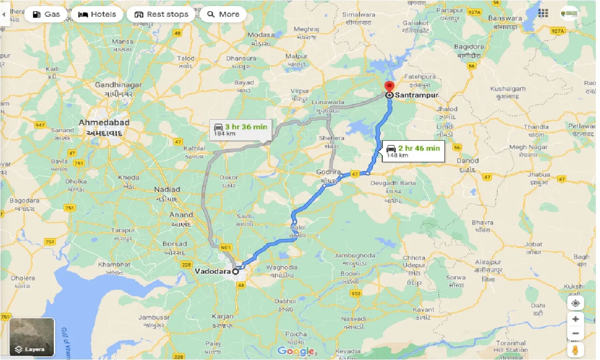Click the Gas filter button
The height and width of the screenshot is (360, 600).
pos(47,14)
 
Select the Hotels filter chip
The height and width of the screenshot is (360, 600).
pos(97,14)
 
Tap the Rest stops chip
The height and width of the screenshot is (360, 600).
pos(161,14)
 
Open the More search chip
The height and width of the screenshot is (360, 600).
pos(223,14)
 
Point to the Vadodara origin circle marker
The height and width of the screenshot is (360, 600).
pos(236,271)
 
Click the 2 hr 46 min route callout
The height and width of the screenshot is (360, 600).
pos(413,151)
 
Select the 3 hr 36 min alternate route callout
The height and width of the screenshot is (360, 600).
pos(240,130)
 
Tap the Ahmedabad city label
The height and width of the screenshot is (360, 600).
pos(104,122)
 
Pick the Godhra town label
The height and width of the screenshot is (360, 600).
pos(326,172)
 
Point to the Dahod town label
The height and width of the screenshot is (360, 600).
pos(468,160)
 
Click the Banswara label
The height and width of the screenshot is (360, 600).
pos(504,19)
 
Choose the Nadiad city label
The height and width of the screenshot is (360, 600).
pos(167,189)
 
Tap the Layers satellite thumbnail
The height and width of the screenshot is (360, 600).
pos(32,337)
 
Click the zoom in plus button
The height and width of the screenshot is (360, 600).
pos(575,319)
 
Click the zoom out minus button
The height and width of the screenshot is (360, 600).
pos(575,333)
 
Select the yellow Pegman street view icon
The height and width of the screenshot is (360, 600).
pos(575,351)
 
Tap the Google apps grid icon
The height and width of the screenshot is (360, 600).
pos(543,13)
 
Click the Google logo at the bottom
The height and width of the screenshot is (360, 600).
pos(295,351)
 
